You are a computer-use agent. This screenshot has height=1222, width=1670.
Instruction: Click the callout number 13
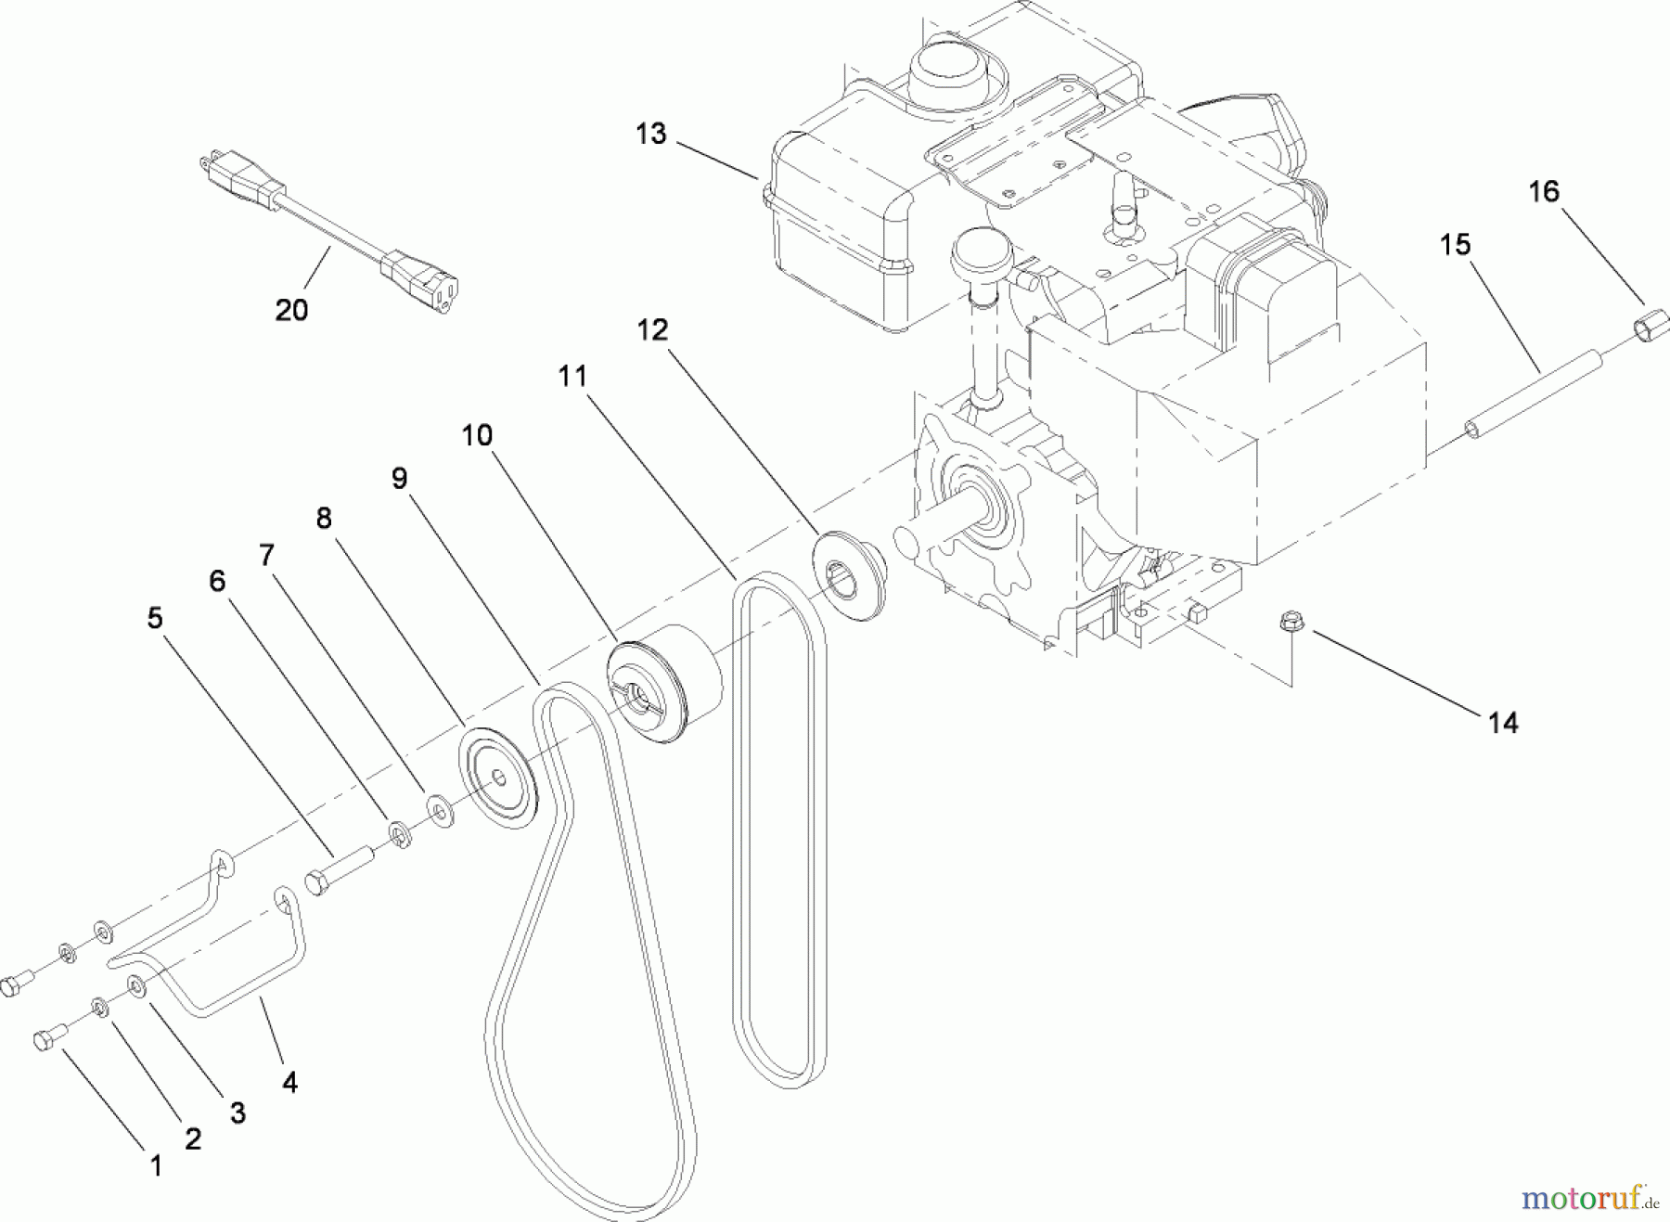(651, 134)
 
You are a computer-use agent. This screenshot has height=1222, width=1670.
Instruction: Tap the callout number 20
(291, 310)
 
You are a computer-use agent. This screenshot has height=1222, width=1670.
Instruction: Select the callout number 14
(1502, 723)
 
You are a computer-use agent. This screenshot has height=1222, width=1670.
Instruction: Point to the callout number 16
(1544, 192)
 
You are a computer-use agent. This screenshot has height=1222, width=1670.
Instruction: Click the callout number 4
(289, 1082)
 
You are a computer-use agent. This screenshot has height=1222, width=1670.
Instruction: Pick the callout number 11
(572, 376)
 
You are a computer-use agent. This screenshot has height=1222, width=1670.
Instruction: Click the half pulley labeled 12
(846, 576)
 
